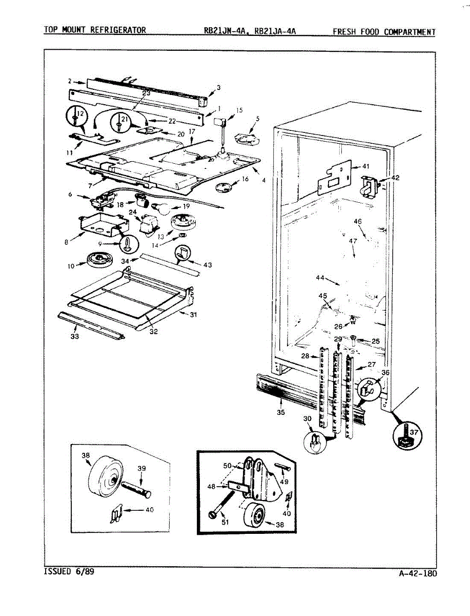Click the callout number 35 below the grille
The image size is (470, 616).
pos(280,412)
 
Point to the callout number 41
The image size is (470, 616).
pos(365,166)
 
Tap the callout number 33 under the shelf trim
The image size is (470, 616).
pos(75,337)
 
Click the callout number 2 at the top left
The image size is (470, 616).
pos(69,81)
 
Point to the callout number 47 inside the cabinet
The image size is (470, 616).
pos(353,241)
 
